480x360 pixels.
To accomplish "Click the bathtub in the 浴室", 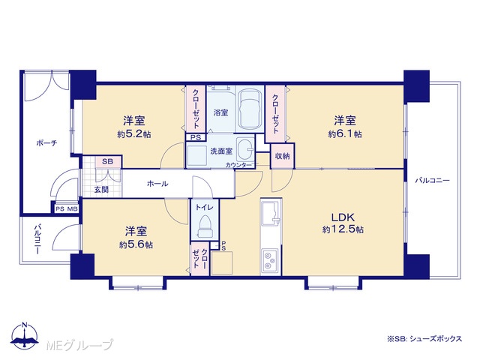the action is pyautogui.click(x=250, y=109).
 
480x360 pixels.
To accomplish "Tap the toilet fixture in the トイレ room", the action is pyautogui.click(x=205, y=226).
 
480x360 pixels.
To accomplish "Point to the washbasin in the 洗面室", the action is pyautogui.click(x=246, y=148).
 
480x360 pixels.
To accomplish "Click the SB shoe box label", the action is pyautogui.click(x=107, y=162).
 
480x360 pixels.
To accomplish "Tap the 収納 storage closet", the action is pyautogui.click(x=282, y=156).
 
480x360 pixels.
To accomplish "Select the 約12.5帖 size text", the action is pyautogui.click(x=343, y=229).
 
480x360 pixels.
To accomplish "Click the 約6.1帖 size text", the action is pyautogui.click(x=345, y=134).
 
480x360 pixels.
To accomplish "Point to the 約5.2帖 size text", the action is pyautogui.click(x=134, y=134).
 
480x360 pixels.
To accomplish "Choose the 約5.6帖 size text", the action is pyautogui.click(x=136, y=244).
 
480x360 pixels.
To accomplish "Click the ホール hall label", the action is pyautogui.click(x=157, y=184).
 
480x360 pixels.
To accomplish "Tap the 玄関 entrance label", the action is pyautogui.click(x=101, y=190).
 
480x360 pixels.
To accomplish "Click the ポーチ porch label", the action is pyautogui.click(x=46, y=143).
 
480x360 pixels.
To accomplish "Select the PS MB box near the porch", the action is pyautogui.click(x=67, y=209).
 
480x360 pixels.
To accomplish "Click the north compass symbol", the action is pyautogui.click(x=25, y=335).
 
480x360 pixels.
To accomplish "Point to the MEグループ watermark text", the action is pyautogui.click(x=79, y=345).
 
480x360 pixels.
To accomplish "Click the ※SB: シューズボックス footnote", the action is pyautogui.click(x=424, y=339).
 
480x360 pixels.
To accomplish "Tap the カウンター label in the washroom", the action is pyautogui.click(x=238, y=165).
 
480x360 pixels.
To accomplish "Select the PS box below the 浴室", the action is pyautogui.click(x=196, y=138).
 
